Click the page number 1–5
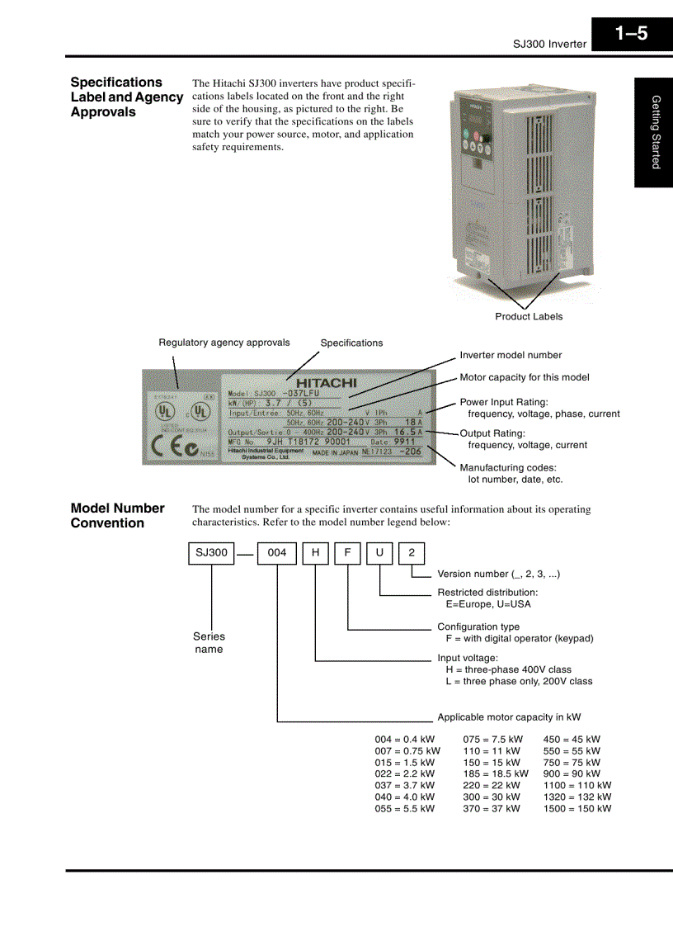631,35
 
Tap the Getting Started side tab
655,132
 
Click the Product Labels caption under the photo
529,316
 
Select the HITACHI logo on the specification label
327,383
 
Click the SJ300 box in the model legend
212,552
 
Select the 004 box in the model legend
277,552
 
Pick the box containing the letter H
315,552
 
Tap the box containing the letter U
379,552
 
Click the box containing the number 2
412,552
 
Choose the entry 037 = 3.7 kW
404,786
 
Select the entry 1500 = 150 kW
577,809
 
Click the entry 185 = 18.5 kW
495,774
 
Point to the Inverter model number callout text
511,355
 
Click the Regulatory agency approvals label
224,343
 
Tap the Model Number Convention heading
117,515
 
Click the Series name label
209,642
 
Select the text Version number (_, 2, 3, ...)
498,574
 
